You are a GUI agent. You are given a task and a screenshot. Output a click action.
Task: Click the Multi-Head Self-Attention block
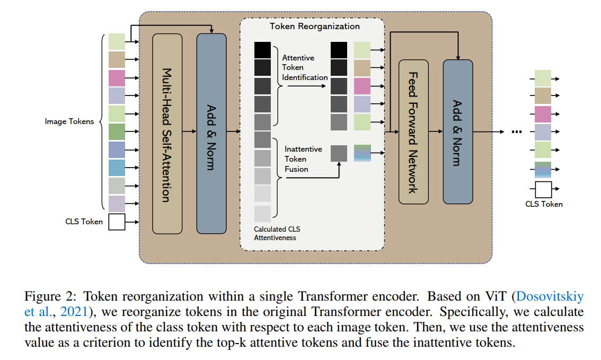pyautogui.click(x=167, y=134)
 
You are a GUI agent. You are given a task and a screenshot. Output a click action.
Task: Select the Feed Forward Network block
pyautogui.click(x=413, y=132)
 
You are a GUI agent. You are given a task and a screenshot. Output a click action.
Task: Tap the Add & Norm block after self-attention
pyautogui.click(x=211, y=134)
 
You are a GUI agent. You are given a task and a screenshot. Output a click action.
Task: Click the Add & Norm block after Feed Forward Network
pyautogui.click(x=458, y=132)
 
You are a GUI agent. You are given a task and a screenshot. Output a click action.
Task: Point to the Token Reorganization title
pyautogui.click(x=315, y=26)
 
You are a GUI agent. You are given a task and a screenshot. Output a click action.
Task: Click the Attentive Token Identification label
pyautogui.click(x=305, y=67)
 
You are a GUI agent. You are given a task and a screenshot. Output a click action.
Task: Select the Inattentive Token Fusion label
pyautogui.click(x=303, y=159)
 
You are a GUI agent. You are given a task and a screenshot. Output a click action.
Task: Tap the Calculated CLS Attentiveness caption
pyautogui.click(x=277, y=233)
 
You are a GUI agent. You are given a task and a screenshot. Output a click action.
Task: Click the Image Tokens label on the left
pyautogui.click(x=69, y=121)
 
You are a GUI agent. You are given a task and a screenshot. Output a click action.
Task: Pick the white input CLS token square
pyautogui.click(x=117, y=222)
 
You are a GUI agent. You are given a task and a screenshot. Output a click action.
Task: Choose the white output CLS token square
pyautogui.click(x=543, y=189)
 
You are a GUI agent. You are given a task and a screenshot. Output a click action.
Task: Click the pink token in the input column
pyautogui.click(x=117, y=78)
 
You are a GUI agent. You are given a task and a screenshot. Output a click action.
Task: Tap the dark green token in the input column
pyautogui.click(x=117, y=131)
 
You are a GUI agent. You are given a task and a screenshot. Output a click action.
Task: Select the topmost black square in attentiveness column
pyautogui.click(x=262, y=50)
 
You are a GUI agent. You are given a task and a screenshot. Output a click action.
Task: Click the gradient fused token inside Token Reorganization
pyautogui.click(x=362, y=153)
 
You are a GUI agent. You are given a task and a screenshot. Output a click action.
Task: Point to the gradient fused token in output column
pyautogui.click(x=543, y=170)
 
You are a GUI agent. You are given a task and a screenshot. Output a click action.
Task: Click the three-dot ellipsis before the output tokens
pyautogui.click(x=517, y=132)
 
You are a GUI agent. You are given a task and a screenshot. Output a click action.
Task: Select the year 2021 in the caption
pyautogui.click(x=74, y=312)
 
